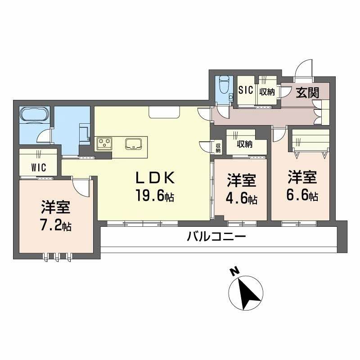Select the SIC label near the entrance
coord(246,90)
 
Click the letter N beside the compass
coord(234,272)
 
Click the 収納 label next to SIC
coord(267,91)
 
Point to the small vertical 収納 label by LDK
coord(218,147)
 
